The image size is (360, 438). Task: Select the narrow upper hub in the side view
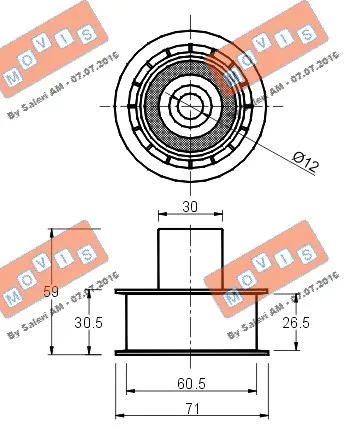190,258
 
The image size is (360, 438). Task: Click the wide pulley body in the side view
190,322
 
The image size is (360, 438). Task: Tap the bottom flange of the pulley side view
190,352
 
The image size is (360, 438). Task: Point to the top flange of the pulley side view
190,292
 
